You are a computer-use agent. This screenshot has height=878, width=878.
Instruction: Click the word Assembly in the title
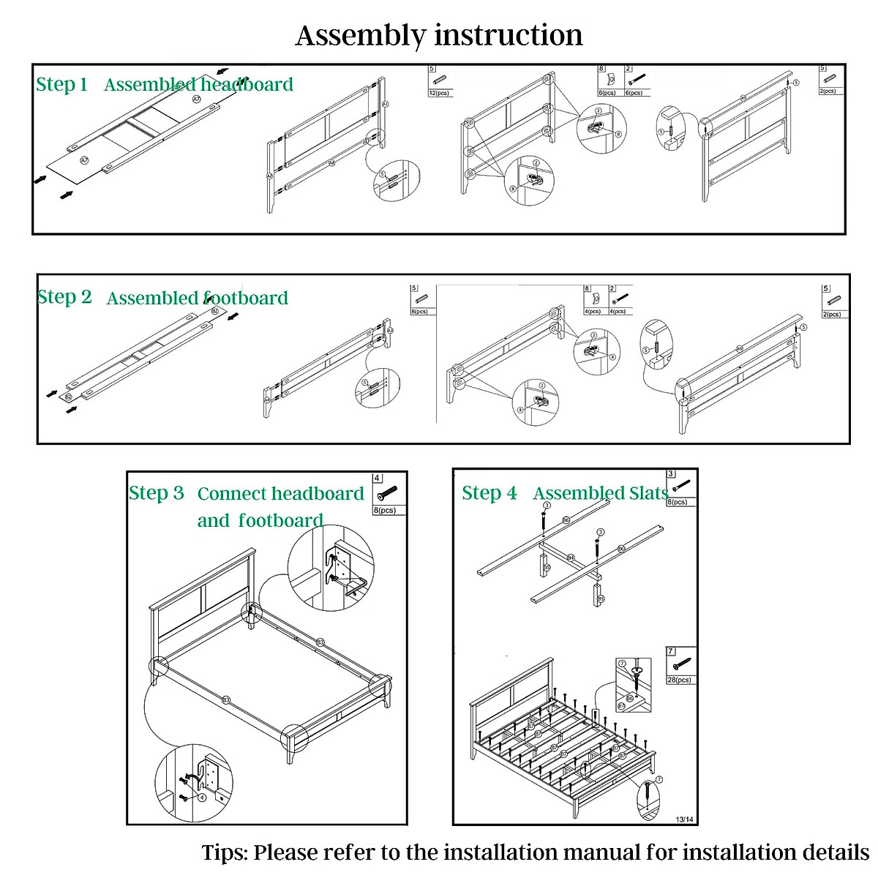[x=360, y=35]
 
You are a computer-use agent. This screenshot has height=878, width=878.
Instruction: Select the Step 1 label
[x=61, y=84]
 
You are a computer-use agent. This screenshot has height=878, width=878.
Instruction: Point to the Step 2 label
[x=64, y=297]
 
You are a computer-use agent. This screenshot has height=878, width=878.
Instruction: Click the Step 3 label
[x=156, y=493]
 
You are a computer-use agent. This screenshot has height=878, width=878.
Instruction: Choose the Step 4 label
[x=489, y=493]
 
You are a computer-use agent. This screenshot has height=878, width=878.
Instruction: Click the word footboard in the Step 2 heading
[x=246, y=298]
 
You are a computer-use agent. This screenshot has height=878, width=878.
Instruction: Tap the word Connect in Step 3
[x=234, y=494]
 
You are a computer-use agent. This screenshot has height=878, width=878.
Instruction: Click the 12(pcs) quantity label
[x=439, y=93]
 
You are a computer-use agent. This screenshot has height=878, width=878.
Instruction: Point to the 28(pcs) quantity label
[x=679, y=680]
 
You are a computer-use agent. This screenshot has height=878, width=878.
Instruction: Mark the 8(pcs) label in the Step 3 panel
[x=386, y=510]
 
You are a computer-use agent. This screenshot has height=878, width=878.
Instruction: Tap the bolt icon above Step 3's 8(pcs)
[x=388, y=493]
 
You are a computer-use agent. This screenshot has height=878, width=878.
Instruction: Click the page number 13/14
[x=684, y=819]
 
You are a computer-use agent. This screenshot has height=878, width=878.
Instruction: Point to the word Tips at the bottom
[x=224, y=852]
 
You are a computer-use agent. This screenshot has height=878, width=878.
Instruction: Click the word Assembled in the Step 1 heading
[x=150, y=85]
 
